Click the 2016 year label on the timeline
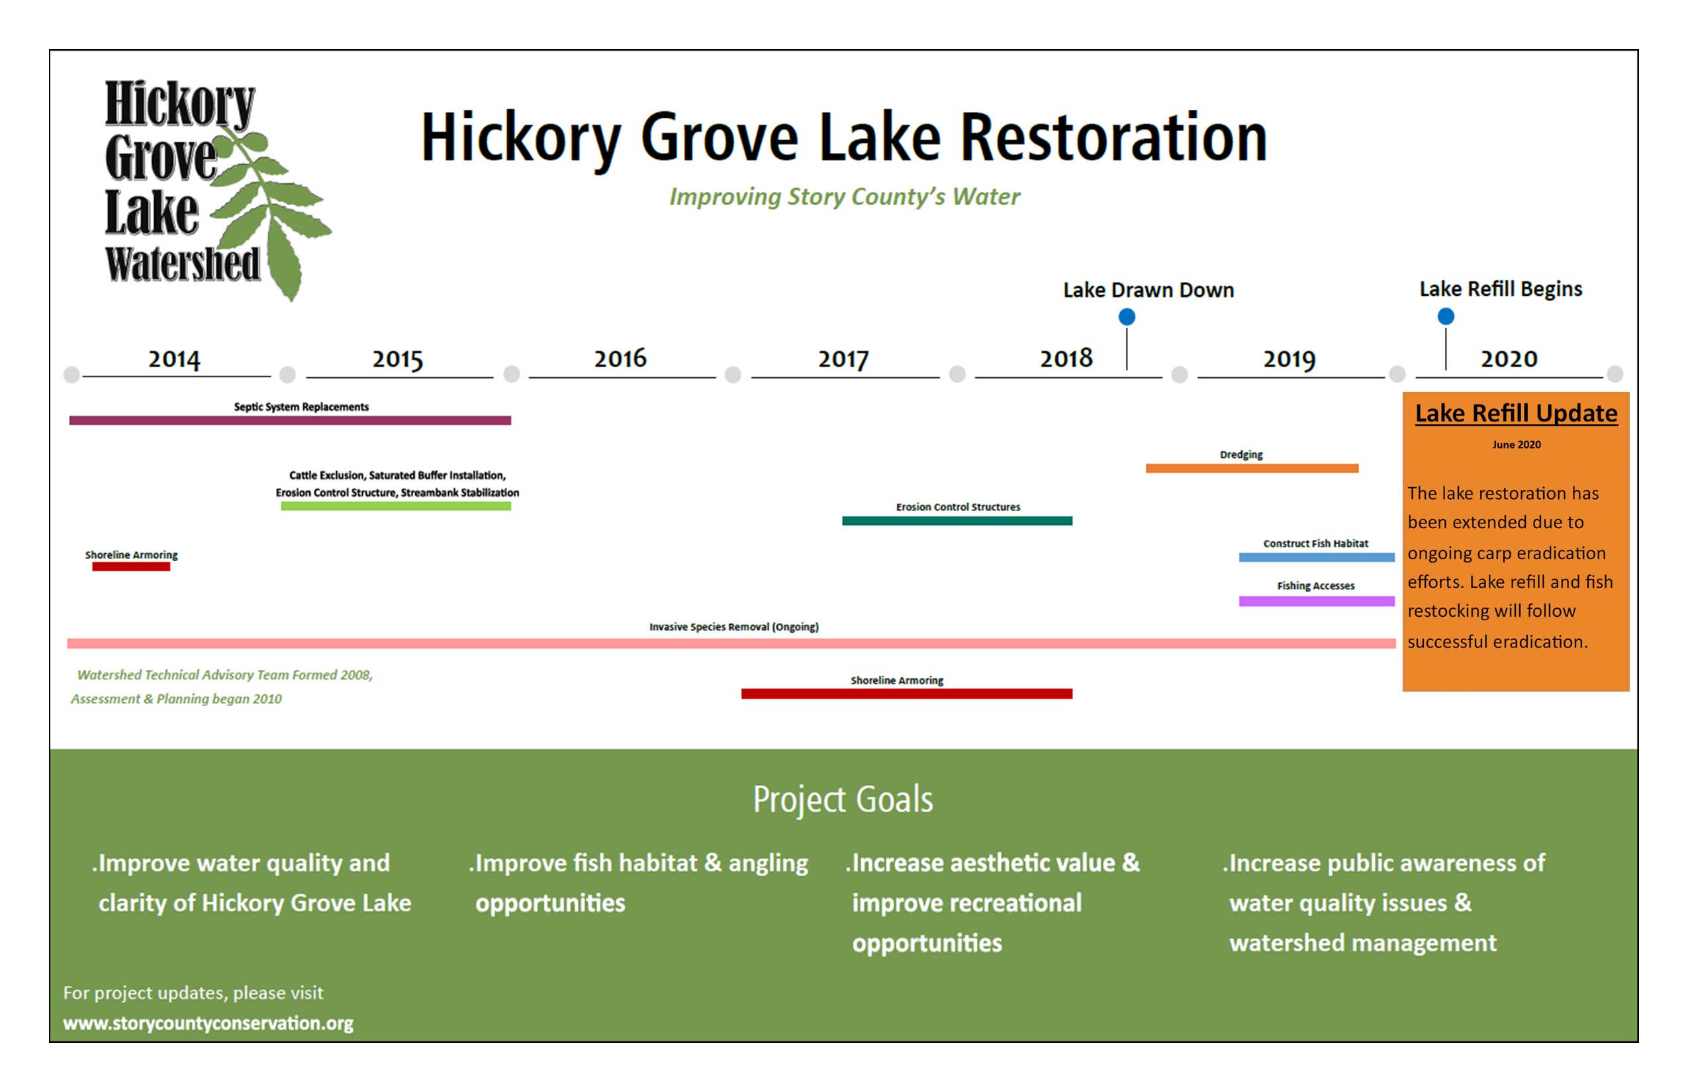point(620,358)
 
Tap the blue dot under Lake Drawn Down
point(1126,317)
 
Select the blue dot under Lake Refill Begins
point(1446,316)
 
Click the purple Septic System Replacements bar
point(290,420)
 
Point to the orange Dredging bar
point(1252,468)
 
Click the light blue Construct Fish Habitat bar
point(1317,557)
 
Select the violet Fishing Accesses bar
point(1317,602)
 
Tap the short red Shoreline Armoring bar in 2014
point(131,567)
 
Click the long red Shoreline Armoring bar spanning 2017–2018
point(906,694)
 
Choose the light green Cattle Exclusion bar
point(396,506)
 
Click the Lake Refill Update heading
point(1517,414)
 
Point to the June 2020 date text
point(1517,445)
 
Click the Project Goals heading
point(843,800)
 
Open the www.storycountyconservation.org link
point(208,1023)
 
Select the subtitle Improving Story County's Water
point(845,197)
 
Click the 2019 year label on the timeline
point(1289,359)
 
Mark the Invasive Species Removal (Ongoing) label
point(734,627)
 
